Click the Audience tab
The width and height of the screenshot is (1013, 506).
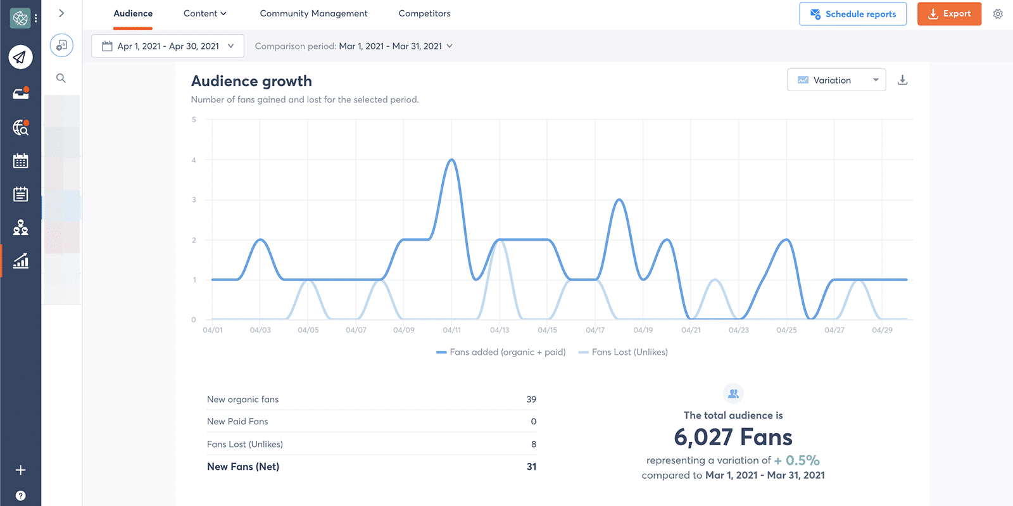tap(133, 13)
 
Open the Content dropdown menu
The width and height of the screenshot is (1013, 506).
tap(204, 13)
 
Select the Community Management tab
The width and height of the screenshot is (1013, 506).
tap(313, 13)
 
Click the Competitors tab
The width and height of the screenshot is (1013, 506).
tap(424, 13)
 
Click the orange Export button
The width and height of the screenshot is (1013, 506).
tap(948, 14)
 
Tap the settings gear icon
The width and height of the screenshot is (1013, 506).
tap(998, 14)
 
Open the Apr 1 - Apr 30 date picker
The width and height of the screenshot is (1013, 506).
tap(168, 46)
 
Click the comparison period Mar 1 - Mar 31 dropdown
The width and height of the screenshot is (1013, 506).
tap(396, 46)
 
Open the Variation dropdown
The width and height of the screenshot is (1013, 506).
tap(836, 80)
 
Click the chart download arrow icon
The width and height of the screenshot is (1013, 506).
tap(902, 80)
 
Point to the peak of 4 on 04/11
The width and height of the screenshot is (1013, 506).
tap(451, 160)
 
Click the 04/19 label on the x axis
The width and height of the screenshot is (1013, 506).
tap(643, 330)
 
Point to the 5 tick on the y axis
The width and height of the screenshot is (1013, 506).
tap(194, 120)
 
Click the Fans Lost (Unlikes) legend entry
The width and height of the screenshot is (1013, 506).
tap(629, 352)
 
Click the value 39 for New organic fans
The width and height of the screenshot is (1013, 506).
tap(531, 400)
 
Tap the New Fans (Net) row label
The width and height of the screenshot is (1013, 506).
tap(243, 467)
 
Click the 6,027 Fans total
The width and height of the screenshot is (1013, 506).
tap(733, 438)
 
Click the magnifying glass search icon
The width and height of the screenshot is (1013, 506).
tap(61, 79)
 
